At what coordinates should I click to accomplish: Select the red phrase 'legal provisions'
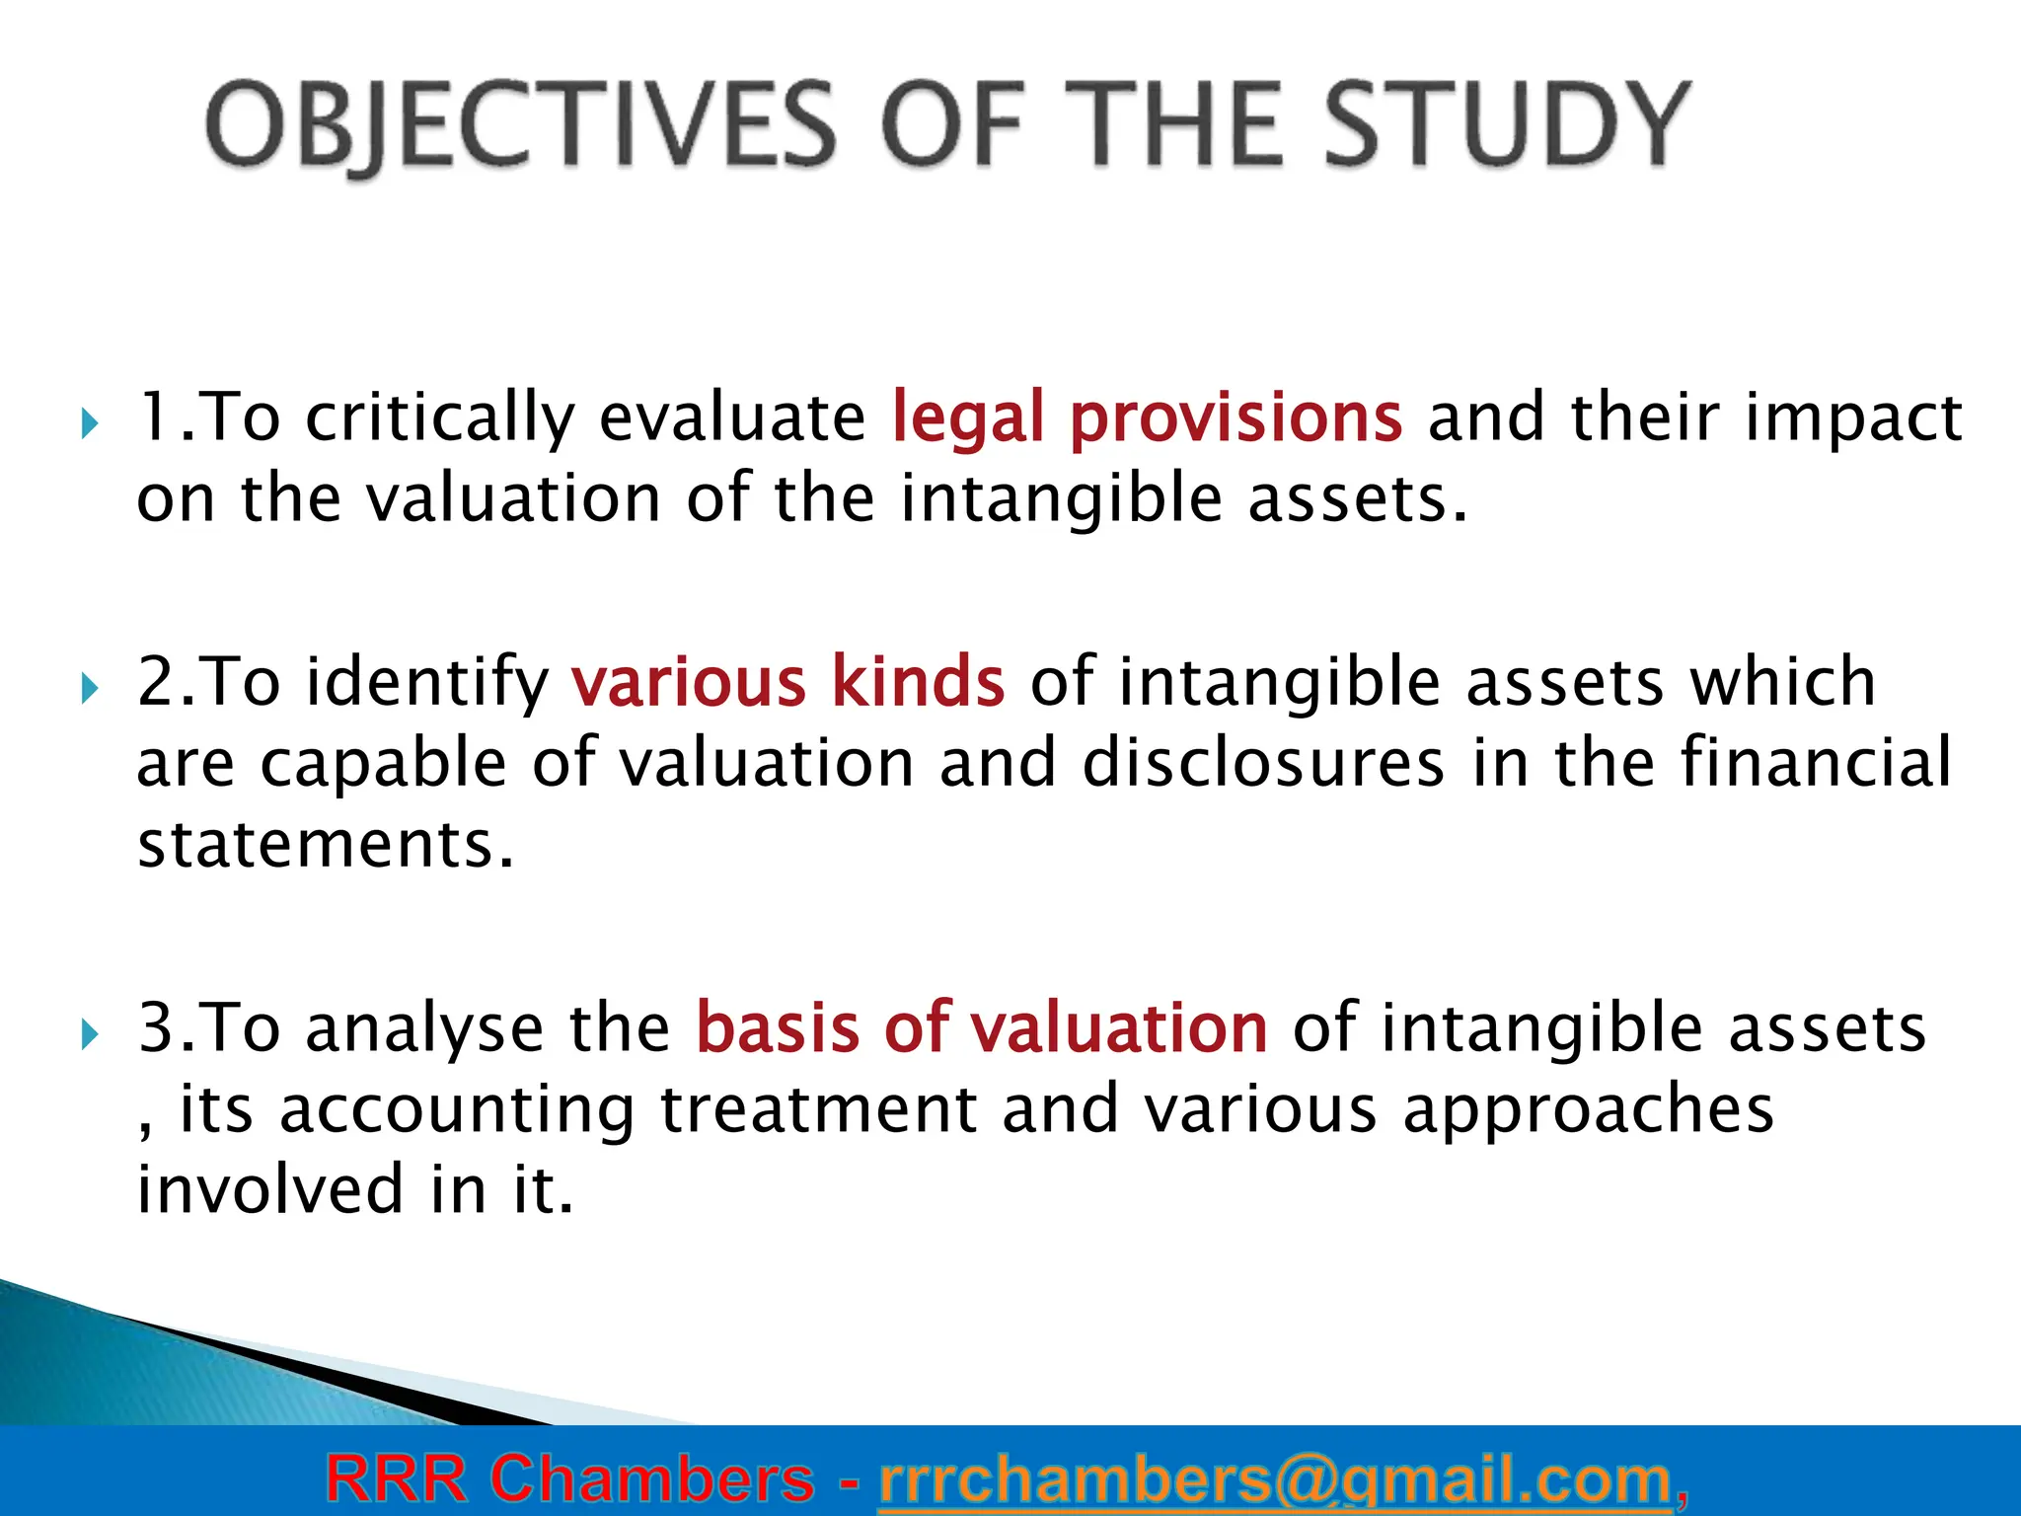coord(1146,418)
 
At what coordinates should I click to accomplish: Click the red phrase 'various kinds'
coord(787,683)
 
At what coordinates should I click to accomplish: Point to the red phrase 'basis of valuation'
coord(981,1029)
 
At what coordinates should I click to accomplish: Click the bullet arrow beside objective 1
coord(90,425)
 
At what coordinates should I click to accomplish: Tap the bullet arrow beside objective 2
coord(90,689)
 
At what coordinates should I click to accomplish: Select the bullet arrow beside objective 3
coord(90,1035)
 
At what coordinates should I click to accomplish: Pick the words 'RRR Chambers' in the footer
coord(569,1480)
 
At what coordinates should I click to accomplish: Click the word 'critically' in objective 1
coord(439,418)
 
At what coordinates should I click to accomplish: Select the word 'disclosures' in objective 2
coord(1263,763)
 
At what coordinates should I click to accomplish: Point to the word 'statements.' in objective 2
coord(326,845)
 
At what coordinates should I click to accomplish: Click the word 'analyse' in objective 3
coord(424,1029)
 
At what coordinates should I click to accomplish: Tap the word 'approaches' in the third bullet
coord(1588,1110)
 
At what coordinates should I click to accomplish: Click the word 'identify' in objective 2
coord(426,683)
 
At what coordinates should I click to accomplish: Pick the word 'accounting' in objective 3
coord(457,1110)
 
